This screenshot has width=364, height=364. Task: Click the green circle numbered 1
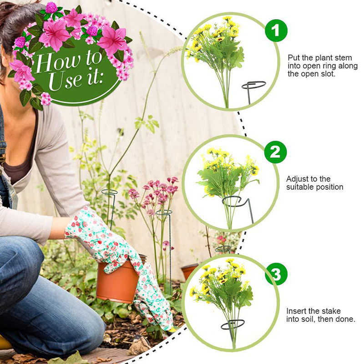(276, 30)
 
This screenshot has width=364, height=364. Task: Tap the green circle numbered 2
(275, 152)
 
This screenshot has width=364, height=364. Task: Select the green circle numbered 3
(276, 274)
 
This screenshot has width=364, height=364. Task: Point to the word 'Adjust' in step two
(298, 179)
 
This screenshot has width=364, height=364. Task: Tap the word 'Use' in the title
(65, 81)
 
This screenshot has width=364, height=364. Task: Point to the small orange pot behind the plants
(189, 271)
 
